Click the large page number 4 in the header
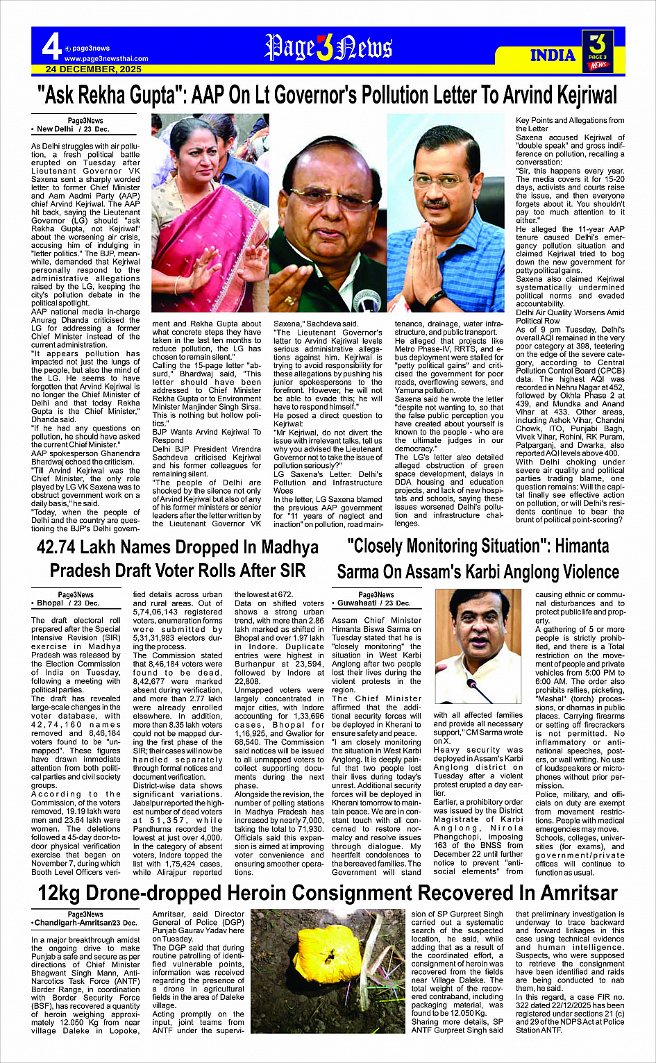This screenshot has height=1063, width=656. point(51,47)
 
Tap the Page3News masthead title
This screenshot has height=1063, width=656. point(328,48)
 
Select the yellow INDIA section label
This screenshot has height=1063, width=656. point(553,56)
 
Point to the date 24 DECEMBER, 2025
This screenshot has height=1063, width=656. point(94,69)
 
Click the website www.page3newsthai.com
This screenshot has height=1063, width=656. point(106,59)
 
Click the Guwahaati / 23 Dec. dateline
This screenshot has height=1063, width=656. point(374,603)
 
